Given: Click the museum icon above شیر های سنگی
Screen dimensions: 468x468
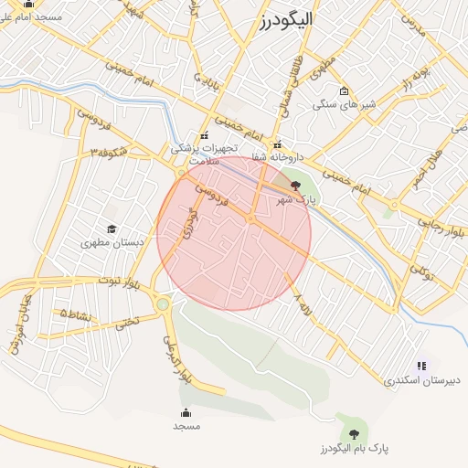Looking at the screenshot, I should click(x=344, y=90).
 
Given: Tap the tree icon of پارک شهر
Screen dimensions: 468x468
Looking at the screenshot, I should click(x=292, y=186).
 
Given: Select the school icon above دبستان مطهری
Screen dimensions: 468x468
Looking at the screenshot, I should click(x=112, y=229).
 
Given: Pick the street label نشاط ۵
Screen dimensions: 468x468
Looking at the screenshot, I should click(x=75, y=314).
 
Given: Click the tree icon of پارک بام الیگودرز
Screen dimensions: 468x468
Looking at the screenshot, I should click(x=353, y=432).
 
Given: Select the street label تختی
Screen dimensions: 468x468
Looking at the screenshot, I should click(x=126, y=322).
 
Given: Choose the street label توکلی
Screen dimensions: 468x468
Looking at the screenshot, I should click(x=422, y=271).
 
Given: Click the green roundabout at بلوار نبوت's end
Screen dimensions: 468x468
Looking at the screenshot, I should click(x=163, y=303).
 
